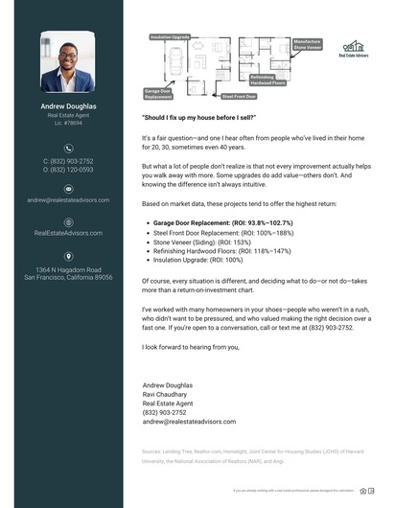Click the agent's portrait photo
(x=67, y=61)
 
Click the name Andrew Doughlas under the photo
(x=67, y=106)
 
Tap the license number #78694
(x=67, y=124)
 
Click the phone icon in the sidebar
(x=67, y=149)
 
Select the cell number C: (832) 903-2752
(x=67, y=161)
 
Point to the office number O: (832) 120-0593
(x=67, y=170)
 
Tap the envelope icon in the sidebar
(x=67, y=189)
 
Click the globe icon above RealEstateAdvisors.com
(x=67, y=221)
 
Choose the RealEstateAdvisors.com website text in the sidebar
(x=67, y=233)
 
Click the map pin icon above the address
(x=67, y=256)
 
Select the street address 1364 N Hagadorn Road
(x=67, y=269)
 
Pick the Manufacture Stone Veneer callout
(x=307, y=43)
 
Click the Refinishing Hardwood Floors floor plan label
(x=267, y=80)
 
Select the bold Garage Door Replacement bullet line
(x=222, y=222)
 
